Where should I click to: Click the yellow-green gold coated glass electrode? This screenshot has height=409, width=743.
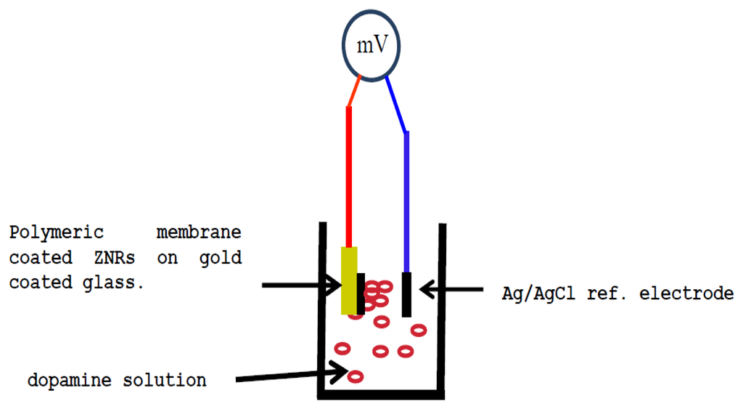pyautogui.click(x=349, y=280)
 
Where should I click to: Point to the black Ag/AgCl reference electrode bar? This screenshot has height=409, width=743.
pyautogui.click(x=407, y=294)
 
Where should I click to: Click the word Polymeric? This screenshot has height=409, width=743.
pyautogui.click(x=57, y=234)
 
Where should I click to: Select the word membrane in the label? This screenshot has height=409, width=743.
pyautogui.click(x=199, y=234)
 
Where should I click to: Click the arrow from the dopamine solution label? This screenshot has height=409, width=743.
pyautogui.click(x=290, y=376)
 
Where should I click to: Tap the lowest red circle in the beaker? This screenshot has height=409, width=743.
pyautogui.click(x=355, y=376)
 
